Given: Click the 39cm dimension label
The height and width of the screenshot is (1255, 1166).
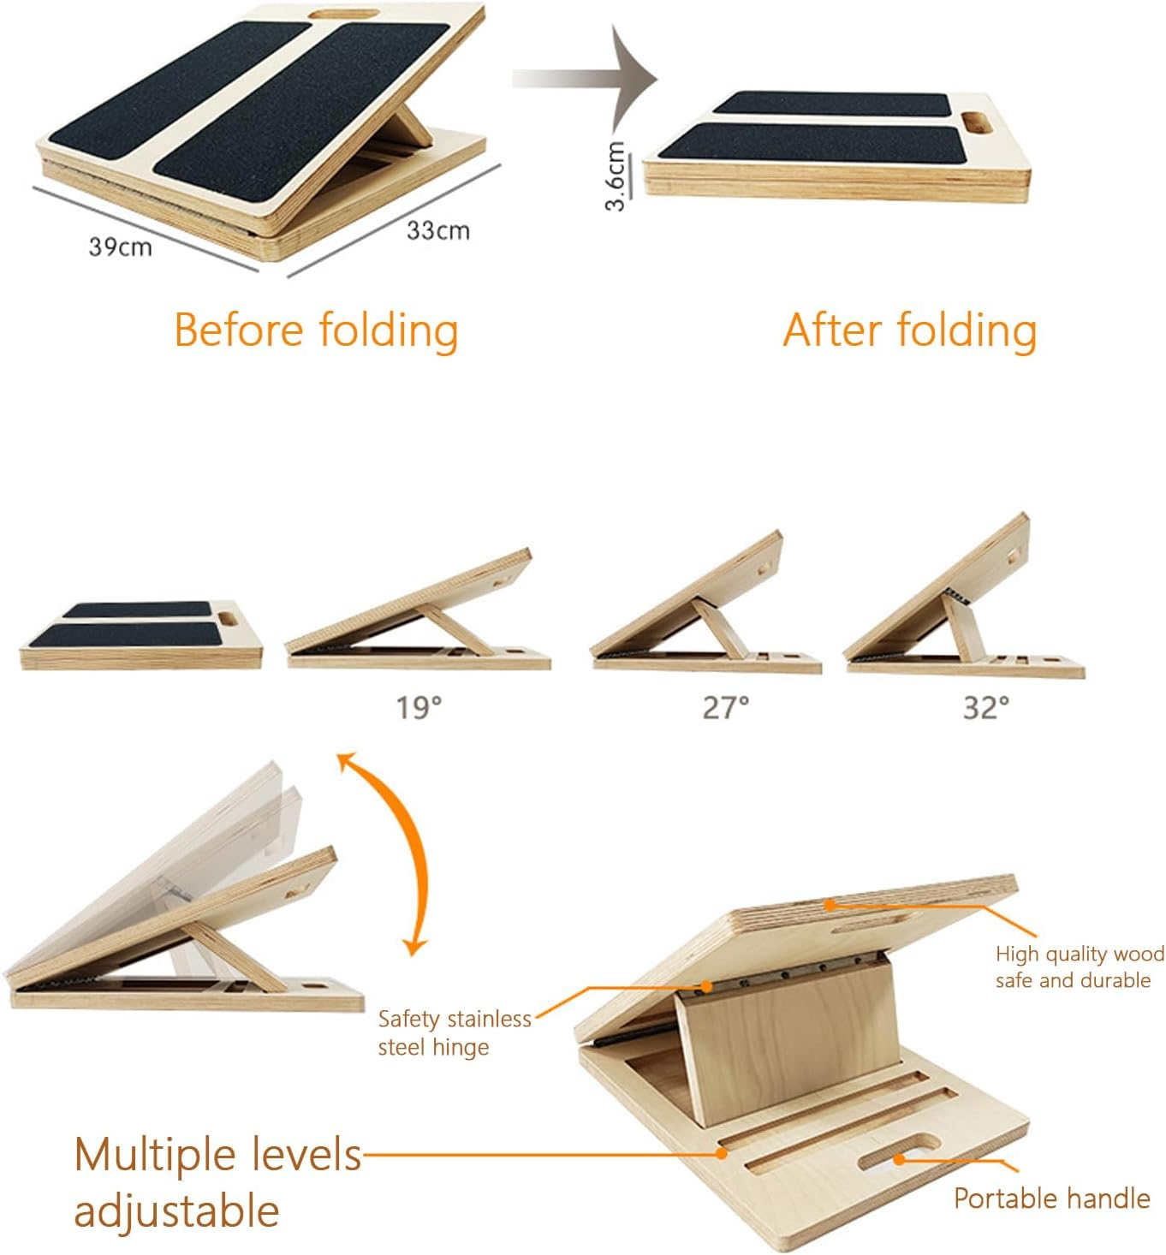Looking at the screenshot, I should [120, 247].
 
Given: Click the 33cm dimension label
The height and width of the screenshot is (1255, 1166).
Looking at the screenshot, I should [437, 230].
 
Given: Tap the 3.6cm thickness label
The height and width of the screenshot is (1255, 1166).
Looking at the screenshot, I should [616, 175].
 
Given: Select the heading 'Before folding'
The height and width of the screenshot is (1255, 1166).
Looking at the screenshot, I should [316, 330].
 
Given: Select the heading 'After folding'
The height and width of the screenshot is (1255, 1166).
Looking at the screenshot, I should [909, 330].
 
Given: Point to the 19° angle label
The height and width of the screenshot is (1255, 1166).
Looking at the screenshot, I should [419, 707].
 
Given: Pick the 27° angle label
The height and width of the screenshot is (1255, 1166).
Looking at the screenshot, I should [726, 707].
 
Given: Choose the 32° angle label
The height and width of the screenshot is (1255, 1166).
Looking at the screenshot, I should [986, 707].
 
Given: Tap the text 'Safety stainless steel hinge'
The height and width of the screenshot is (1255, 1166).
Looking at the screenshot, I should [454, 1032].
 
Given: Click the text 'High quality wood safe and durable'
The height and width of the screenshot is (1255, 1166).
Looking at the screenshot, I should [1079, 967].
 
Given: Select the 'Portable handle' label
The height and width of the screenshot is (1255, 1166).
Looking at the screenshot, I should [1051, 1198].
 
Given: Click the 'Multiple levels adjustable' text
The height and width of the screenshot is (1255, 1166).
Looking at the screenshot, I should [217, 1182].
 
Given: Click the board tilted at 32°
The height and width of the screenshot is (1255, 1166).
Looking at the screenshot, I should [950, 599].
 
